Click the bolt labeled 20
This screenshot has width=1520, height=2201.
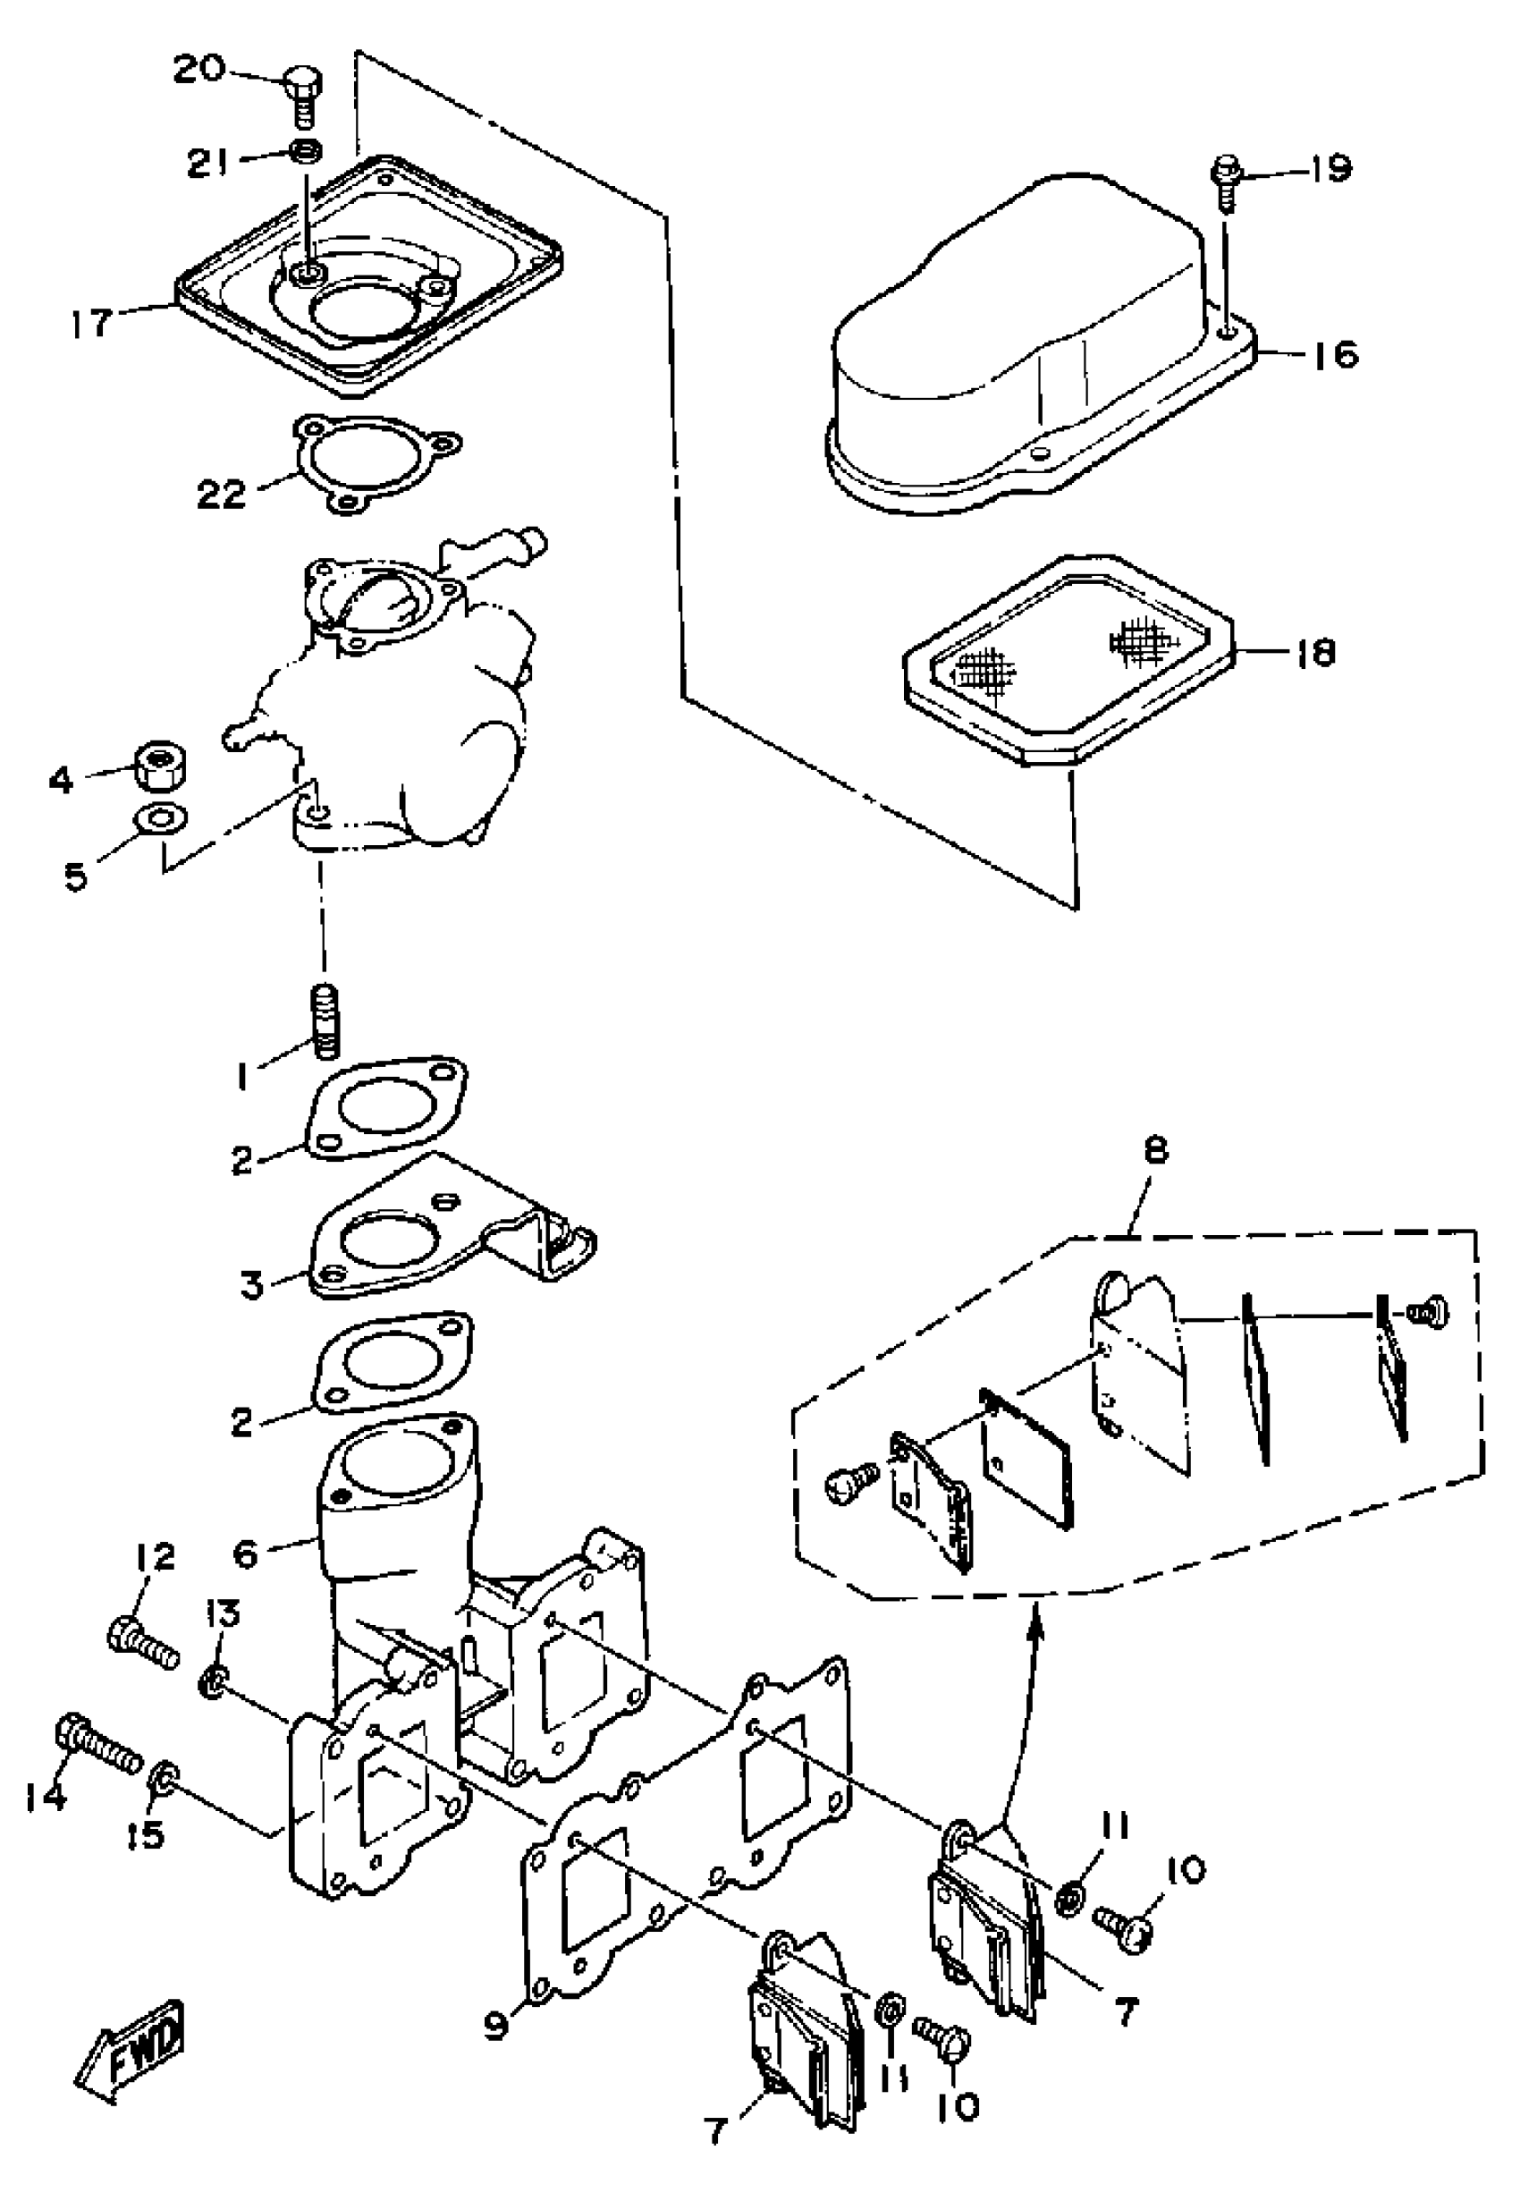tap(304, 95)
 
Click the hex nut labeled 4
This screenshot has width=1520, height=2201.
tap(159, 764)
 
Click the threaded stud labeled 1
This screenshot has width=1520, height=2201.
tap(325, 1023)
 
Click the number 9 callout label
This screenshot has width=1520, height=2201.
tap(497, 2025)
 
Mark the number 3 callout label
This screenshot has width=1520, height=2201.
tap(250, 1285)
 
